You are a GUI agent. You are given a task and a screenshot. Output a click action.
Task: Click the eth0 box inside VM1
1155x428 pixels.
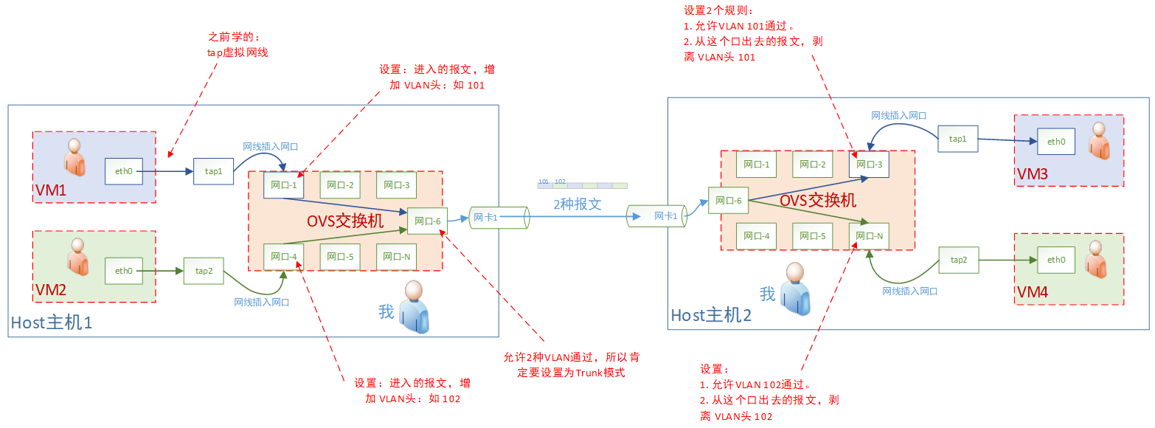tap(124, 171)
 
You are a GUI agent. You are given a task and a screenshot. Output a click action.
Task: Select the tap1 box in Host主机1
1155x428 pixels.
tap(213, 171)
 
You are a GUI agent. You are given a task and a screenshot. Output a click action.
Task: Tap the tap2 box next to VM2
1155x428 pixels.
tap(204, 271)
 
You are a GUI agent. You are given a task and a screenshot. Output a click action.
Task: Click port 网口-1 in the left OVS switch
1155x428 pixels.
tap(284, 184)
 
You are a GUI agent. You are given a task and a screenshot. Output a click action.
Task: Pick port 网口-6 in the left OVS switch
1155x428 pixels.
tap(428, 221)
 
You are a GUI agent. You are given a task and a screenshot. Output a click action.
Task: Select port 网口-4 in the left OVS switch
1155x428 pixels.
tap(284, 256)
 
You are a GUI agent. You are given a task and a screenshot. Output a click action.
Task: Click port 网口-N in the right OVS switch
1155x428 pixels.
tap(869, 235)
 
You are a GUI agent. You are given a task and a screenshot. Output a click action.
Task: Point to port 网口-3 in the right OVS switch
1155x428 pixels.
tap(869, 164)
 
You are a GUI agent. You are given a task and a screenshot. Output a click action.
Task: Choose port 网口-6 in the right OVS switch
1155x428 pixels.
tap(728, 200)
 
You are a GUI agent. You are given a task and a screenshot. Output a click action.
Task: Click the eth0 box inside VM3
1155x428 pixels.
tap(1056, 141)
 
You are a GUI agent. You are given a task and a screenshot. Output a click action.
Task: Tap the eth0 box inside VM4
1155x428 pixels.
tap(1056, 260)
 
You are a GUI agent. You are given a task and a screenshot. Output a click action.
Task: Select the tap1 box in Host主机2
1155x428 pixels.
tap(957, 139)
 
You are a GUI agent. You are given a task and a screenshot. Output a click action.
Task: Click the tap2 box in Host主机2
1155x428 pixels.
tap(959, 260)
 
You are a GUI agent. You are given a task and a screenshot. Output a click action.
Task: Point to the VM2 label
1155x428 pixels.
tap(51, 290)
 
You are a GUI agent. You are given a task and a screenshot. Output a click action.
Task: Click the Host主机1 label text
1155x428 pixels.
tap(52, 322)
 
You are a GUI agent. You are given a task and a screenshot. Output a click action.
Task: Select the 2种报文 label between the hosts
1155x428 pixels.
tap(577, 204)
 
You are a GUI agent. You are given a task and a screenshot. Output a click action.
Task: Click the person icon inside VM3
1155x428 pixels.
tap(1099, 140)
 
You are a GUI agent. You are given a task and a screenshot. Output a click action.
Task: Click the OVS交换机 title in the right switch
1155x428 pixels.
tap(818, 200)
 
